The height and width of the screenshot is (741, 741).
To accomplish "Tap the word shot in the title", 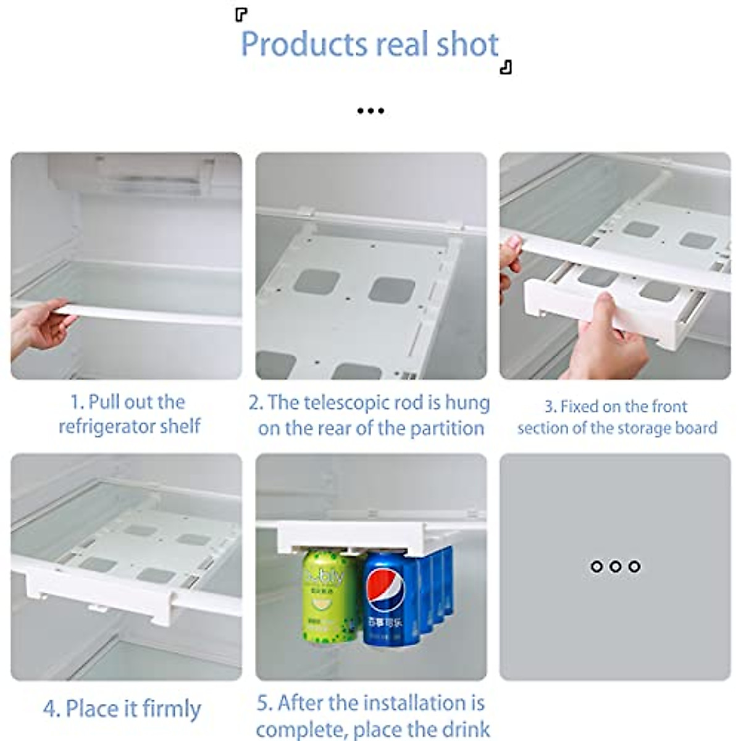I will tap(467, 44).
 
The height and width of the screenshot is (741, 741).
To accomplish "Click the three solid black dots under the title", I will tap(371, 111).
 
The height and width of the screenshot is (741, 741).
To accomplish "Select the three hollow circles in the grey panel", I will tap(615, 566).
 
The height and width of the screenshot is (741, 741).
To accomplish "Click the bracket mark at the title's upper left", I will tap(241, 15).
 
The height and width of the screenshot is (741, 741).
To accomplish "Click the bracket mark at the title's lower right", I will tap(506, 67).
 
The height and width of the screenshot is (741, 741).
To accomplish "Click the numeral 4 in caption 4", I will tap(50, 709).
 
